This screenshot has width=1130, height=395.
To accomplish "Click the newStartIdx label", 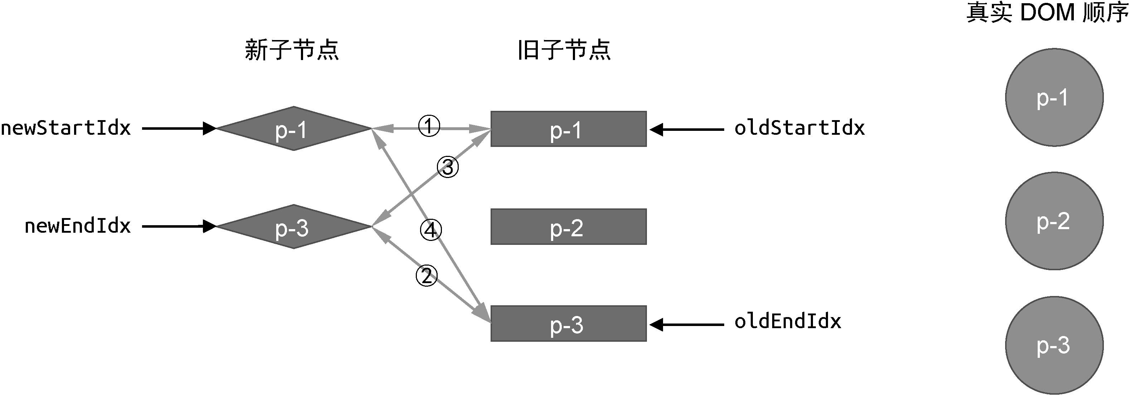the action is pyautogui.click(x=66, y=128).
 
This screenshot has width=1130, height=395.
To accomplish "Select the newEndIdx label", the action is pyautogui.click(x=78, y=226).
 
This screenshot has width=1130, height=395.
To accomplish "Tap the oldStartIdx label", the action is pyautogui.click(x=799, y=128).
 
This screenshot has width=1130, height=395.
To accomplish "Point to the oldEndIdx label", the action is pyautogui.click(x=788, y=321).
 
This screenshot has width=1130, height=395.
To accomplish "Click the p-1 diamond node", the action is pyautogui.click(x=294, y=128).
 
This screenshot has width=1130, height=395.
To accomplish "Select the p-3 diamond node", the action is pyautogui.click(x=294, y=227).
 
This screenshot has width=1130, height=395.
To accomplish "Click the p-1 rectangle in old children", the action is pyautogui.click(x=569, y=129).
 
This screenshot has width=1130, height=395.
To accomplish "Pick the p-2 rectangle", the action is pyautogui.click(x=569, y=227).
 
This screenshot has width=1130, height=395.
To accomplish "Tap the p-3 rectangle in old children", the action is pyautogui.click(x=569, y=324).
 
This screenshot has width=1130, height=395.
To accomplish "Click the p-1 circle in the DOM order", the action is pyautogui.click(x=1054, y=97).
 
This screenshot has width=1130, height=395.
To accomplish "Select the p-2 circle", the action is pyautogui.click(x=1054, y=221).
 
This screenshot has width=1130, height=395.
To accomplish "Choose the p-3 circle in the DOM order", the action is pyautogui.click(x=1054, y=345).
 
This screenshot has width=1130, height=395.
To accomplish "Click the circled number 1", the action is pyautogui.click(x=429, y=126).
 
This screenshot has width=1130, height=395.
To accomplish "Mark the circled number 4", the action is pyautogui.click(x=431, y=230).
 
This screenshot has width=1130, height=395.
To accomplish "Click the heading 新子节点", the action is pyautogui.click(x=292, y=50).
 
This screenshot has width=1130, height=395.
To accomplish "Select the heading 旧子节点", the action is pyautogui.click(x=564, y=50).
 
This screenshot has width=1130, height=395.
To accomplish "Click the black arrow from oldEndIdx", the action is pyautogui.click(x=687, y=325).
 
